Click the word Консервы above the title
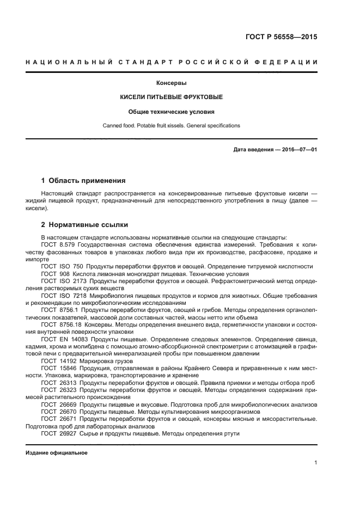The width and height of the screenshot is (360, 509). coord(172,83)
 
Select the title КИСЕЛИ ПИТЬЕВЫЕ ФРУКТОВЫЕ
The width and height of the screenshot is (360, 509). coord(172,97)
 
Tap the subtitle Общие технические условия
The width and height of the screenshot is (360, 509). coord(172,112)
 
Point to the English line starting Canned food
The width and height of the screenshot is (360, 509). coord(172,126)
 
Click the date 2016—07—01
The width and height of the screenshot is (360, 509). coord(299,149)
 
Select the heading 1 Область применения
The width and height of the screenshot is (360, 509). coord(83,180)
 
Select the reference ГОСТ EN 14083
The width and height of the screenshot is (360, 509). coord(60,338)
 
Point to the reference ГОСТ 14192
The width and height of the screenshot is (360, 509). coord(58,360)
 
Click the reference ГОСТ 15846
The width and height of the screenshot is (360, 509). coord(58,368)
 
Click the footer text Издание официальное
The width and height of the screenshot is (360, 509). coord(57,453)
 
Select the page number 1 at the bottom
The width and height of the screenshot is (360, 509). coord(316,463)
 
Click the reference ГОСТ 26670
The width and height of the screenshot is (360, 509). coord(58,412)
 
